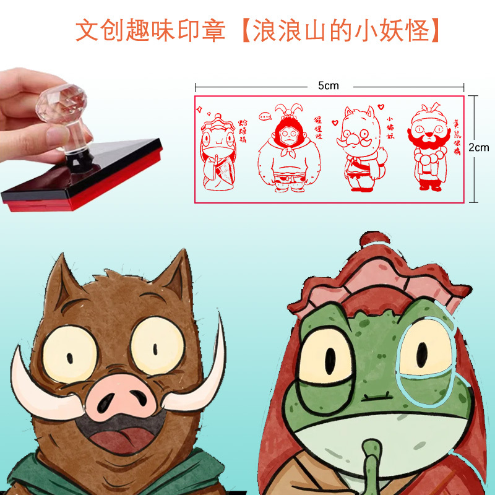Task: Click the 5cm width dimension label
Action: (x=329, y=86)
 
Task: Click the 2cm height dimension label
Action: (x=478, y=148)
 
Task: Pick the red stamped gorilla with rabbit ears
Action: (x=286, y=148)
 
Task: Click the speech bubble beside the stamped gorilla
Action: (x=265, y=116)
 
